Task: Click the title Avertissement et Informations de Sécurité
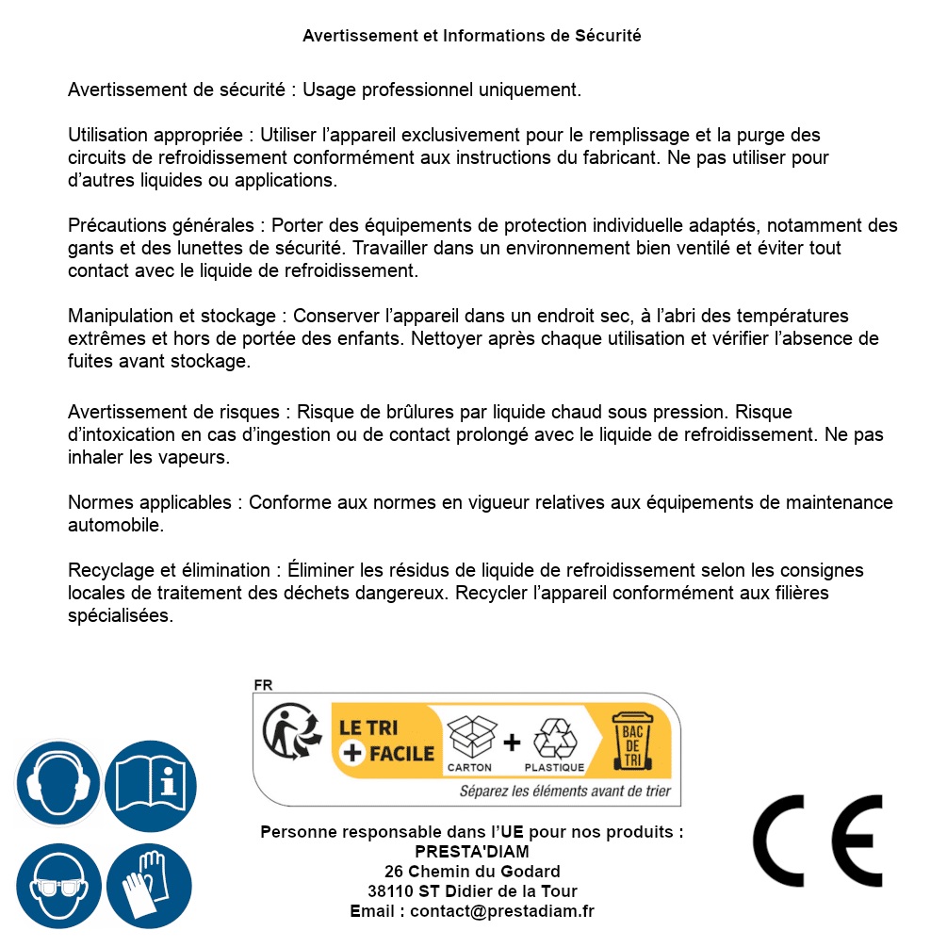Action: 471,36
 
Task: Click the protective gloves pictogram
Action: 151,887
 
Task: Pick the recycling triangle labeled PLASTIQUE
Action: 553,739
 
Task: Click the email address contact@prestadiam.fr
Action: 502,911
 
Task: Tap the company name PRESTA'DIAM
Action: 471,852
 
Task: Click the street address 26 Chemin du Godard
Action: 471,872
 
